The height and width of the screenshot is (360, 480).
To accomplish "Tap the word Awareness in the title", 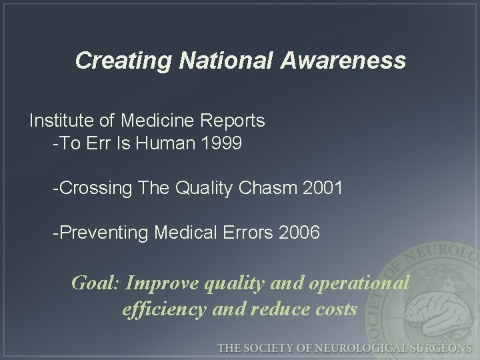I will [343, 61].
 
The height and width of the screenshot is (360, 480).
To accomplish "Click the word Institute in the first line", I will [63, 121].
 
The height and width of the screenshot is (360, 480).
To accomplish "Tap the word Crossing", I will [96, 189].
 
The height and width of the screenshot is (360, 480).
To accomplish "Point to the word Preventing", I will [104, 233].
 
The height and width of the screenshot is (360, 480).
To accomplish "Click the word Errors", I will [247, 233].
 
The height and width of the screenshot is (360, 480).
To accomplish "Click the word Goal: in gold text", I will [95, 283].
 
